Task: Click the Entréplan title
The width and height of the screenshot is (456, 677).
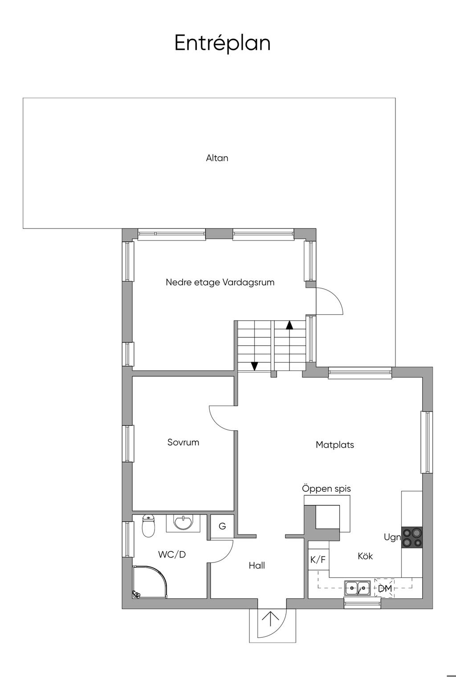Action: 222,43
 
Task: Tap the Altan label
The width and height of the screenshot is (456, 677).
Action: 217,158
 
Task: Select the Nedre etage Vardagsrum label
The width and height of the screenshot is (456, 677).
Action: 220,282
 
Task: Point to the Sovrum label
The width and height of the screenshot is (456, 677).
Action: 183,442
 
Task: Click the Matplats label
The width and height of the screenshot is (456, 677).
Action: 335,445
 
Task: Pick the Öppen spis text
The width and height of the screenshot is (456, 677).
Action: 326,489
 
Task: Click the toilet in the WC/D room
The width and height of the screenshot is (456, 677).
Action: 148,526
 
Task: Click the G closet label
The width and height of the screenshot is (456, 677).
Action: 222,526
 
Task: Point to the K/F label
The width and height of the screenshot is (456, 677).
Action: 318,559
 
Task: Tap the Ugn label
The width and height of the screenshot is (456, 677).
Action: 392,538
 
